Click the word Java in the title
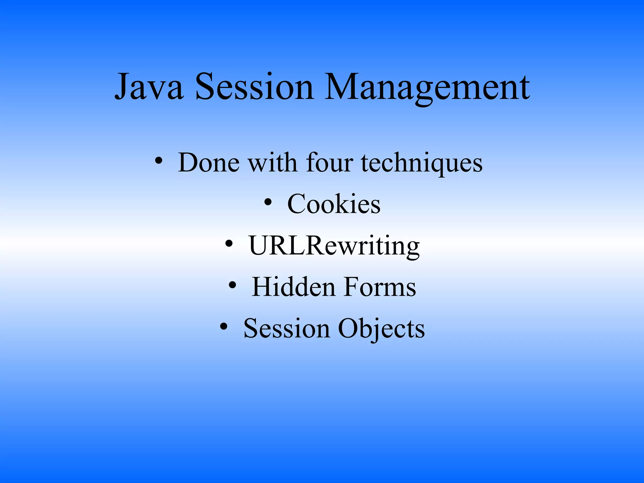[149, 86]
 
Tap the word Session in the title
[254, 86]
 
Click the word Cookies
[334, 204]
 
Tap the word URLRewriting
[334, 246]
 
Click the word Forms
[380, 287]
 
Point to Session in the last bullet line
[286, 329]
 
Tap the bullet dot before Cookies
[268, 203]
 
